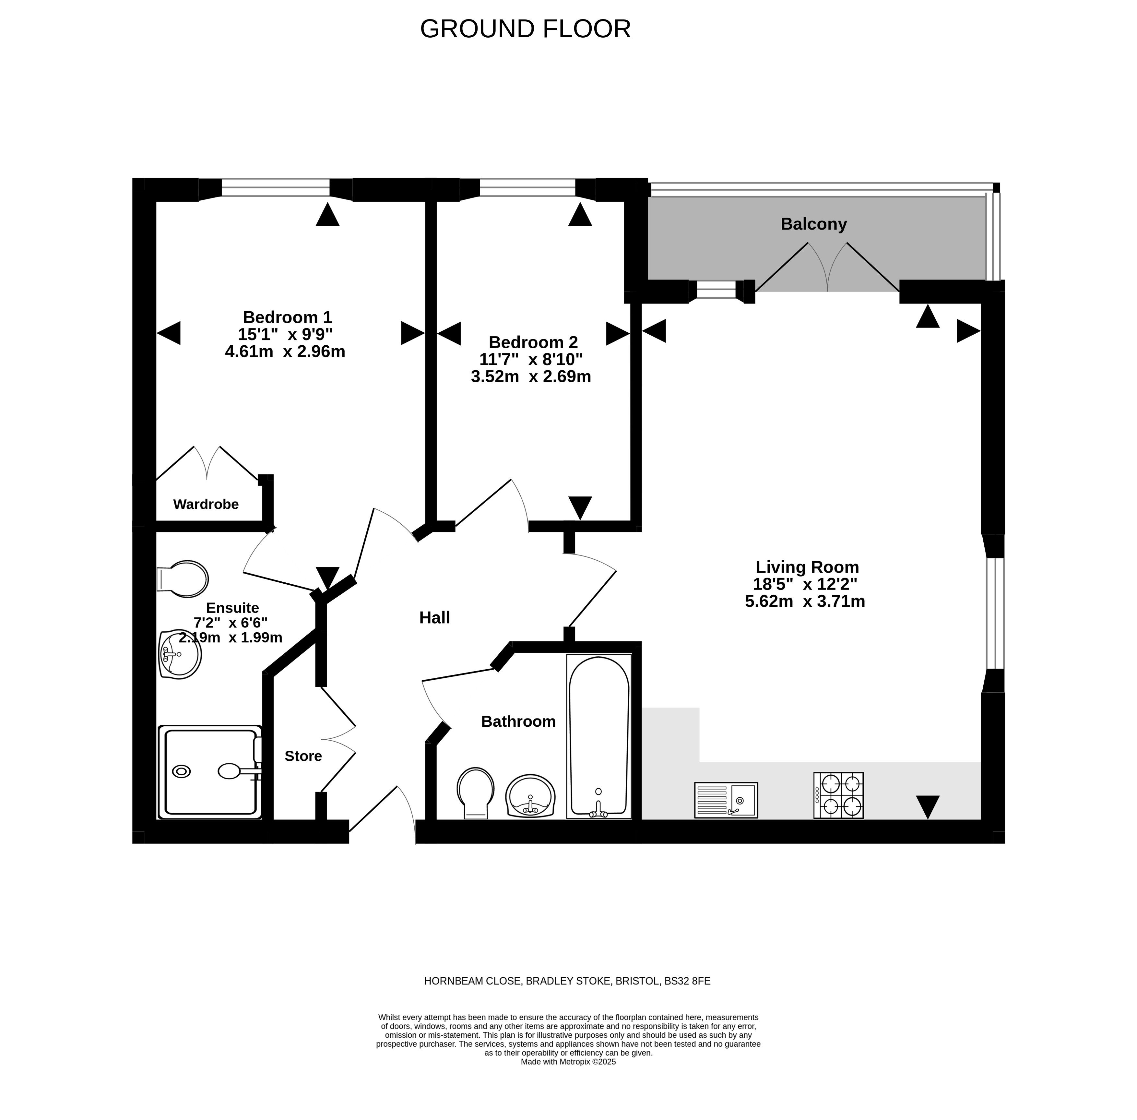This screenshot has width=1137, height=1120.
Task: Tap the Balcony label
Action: [813, 224]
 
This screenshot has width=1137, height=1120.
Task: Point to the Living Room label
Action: [807, 567]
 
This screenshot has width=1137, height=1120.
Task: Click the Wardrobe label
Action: [206, 504]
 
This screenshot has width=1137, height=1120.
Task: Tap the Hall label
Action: [435, 618]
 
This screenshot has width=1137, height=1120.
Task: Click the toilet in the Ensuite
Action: [182, 579]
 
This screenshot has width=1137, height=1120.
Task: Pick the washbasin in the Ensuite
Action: [180, 654]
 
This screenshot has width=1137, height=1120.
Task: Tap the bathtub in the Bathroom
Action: [599, 736]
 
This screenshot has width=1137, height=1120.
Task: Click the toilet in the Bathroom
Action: [475, 793]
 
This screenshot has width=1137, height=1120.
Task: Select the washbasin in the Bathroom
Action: [530, 796]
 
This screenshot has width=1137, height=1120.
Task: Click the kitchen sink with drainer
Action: [726, 800]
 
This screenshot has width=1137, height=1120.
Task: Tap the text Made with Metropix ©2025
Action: [568, 1062]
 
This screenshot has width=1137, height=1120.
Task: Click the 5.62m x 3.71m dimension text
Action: [805, 601]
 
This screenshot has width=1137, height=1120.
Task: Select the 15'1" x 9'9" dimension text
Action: [285, 334]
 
